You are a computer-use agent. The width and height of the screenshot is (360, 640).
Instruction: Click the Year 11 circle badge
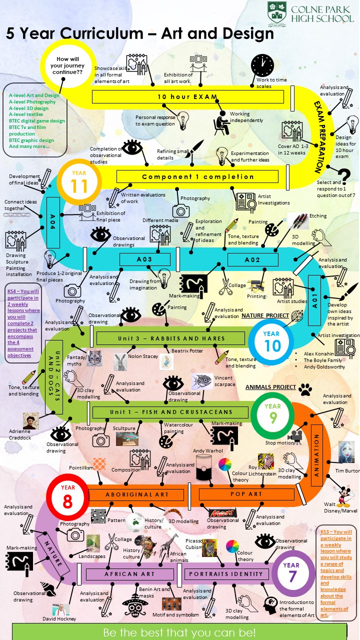[79, 182]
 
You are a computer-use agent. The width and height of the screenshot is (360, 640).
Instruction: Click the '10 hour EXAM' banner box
[187, 96]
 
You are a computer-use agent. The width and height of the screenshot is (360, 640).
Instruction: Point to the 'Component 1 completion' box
[197, 176]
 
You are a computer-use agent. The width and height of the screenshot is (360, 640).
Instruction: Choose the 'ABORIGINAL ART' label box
[136, 494]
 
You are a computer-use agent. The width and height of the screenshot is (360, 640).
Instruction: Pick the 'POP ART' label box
[246, 494]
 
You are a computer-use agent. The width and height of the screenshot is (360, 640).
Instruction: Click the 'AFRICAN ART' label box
[129, 574]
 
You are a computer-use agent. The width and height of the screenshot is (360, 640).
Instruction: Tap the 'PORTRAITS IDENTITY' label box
[226, 573]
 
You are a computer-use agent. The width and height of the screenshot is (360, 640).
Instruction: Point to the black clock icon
[262, 65]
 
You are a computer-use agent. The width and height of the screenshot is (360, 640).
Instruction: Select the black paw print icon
[305, 389]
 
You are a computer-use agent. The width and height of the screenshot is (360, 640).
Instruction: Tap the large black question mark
[344, 176]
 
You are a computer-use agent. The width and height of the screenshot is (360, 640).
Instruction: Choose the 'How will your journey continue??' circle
[67, 65]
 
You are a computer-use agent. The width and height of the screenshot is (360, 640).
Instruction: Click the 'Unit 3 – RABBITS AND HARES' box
[170, 338]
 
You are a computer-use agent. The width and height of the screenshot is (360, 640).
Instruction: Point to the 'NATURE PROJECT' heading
[265, 315]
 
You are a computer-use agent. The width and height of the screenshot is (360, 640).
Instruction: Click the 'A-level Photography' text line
[32, 101]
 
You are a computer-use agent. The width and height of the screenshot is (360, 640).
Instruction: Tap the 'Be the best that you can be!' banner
[179, 631]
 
